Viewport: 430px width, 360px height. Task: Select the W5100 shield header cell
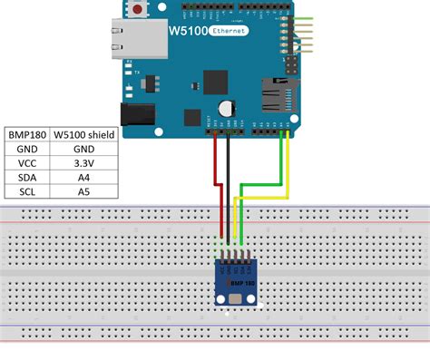pyautogui.click(x=83, y=134)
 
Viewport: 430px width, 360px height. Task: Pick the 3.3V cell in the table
pyautogui.click(x=83, y=163)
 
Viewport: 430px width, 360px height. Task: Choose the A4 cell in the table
pyautogui.click(x=83, y=178)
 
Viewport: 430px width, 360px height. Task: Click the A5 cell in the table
pyautogui.click(x=83, y=192)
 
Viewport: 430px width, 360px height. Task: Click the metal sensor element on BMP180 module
pyautogui.click(x=237, y=295)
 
